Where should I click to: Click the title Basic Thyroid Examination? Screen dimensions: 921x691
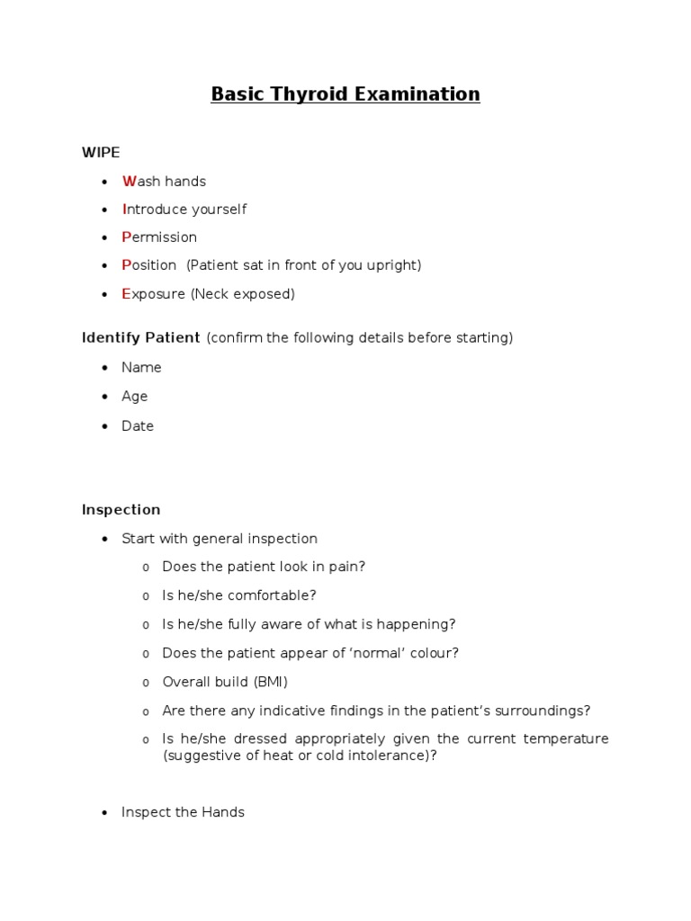tap(345, 94)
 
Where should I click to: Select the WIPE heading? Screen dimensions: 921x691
tap(101, 152)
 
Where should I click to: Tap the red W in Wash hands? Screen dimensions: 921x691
tap(128, 182)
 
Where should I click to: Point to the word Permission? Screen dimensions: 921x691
tap(159, 237)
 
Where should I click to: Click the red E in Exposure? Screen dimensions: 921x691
tap(126, 294)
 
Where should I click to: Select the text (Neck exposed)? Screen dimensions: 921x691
tap(242, 294)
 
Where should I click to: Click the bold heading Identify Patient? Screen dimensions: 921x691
tap(140, 338)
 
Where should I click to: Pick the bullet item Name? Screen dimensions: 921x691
tap(141, 367)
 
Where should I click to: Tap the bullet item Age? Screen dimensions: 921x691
tap(134, 397)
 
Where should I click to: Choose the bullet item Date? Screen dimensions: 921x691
tap(138, 426)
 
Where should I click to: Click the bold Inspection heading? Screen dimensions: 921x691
tap(121, 510)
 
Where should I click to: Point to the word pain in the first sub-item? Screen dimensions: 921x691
tap(346, 567)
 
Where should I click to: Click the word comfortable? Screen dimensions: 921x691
tap(273, 595)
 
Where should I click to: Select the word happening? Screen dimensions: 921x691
tap(422, 624)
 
